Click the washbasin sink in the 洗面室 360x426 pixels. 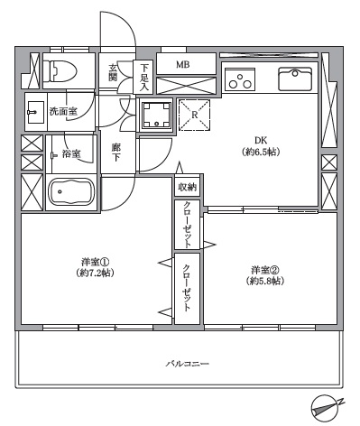[x=34, y=112]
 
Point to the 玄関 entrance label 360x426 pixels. [x=115, y=71]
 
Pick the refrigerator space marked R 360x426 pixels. [x=193, y=115]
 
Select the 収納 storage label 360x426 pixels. [x=187, y=187]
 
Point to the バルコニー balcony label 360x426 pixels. [x=187, y=364]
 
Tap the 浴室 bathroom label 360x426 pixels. [x=68, y=155]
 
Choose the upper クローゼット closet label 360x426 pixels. [x=187, y=225]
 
